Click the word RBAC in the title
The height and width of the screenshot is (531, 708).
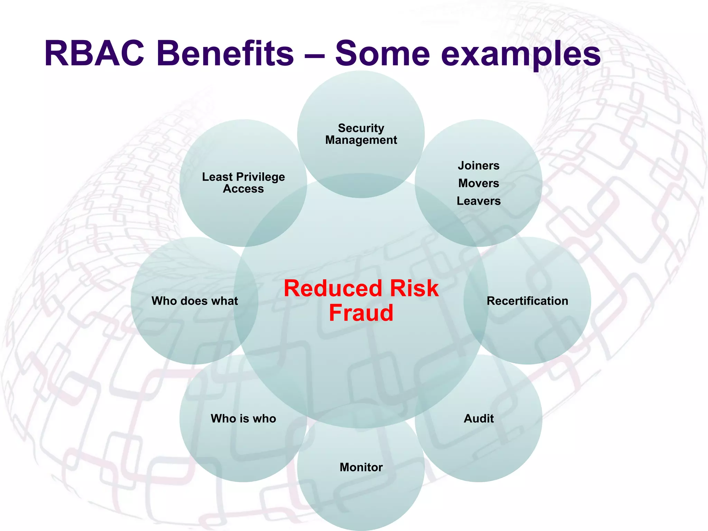[x=94, y=54]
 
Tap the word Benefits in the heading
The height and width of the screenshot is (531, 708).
[x=225, y=54]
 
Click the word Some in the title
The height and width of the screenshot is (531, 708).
[x=382, y=54]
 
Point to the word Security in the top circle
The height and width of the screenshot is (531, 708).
[x=361, y=128]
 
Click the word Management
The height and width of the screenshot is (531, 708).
[x=361, y=140]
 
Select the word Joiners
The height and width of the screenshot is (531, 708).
[x=478, y=166]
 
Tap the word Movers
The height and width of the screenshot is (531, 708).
[x=478, y=183]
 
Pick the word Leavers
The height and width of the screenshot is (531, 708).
[x=478, y=201]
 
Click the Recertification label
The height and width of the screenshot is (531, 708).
[x=527, y=301]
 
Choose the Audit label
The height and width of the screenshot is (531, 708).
[x=478, y=418]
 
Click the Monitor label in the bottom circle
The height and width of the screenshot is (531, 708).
[x=361, y=467]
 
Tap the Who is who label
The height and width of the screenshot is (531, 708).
[x=243, y=418]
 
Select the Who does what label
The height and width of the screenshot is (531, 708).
[x=195, y=301]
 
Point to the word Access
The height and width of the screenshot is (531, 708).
[x=243, y=189]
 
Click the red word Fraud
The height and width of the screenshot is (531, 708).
[x=361, y=313]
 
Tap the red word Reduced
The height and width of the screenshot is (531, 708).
[x=333, y=288]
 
